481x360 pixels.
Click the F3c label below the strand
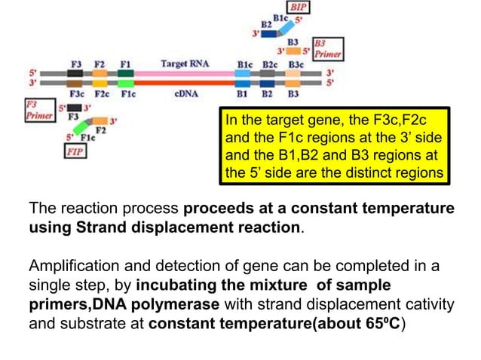pyautogui.click(x=76, y=95)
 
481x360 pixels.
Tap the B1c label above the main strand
pyautogui.click(x=244, y=64)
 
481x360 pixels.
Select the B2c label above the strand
pyautogui.click(x=269, y=64)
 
